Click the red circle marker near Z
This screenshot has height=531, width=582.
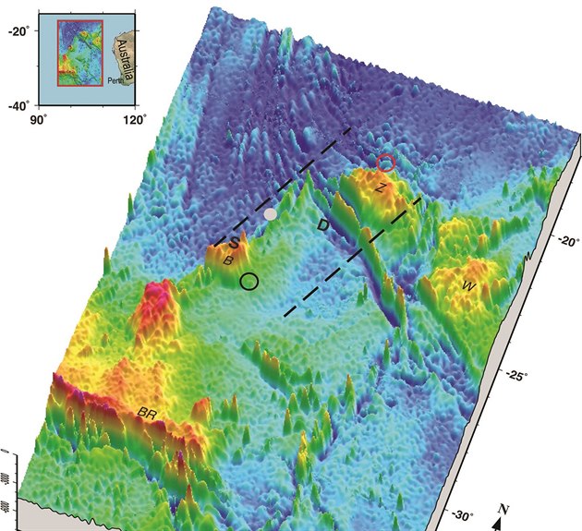(386, 163)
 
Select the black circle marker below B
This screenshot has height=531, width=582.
(249, 281)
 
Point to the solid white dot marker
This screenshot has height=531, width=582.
(270, 213)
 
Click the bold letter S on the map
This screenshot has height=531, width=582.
(235, 243)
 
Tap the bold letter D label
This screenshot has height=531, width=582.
(323, 224)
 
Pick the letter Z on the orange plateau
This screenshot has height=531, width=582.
(380, 187)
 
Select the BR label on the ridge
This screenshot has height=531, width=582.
(148, 412)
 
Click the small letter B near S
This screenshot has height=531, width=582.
(226, 260)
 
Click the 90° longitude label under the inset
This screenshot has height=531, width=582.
(38, 119)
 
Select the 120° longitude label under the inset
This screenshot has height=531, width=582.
(136, 119)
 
